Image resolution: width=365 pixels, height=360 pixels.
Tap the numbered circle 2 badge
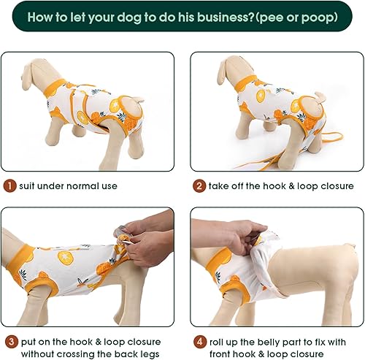coord(199,185)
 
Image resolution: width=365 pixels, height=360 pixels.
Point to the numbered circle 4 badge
coord(199,341)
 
